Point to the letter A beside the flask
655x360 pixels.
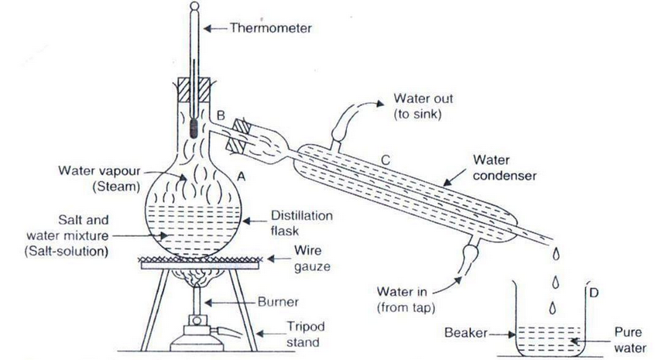241,177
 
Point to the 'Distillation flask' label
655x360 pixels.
298,224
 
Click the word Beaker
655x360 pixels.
468,333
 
